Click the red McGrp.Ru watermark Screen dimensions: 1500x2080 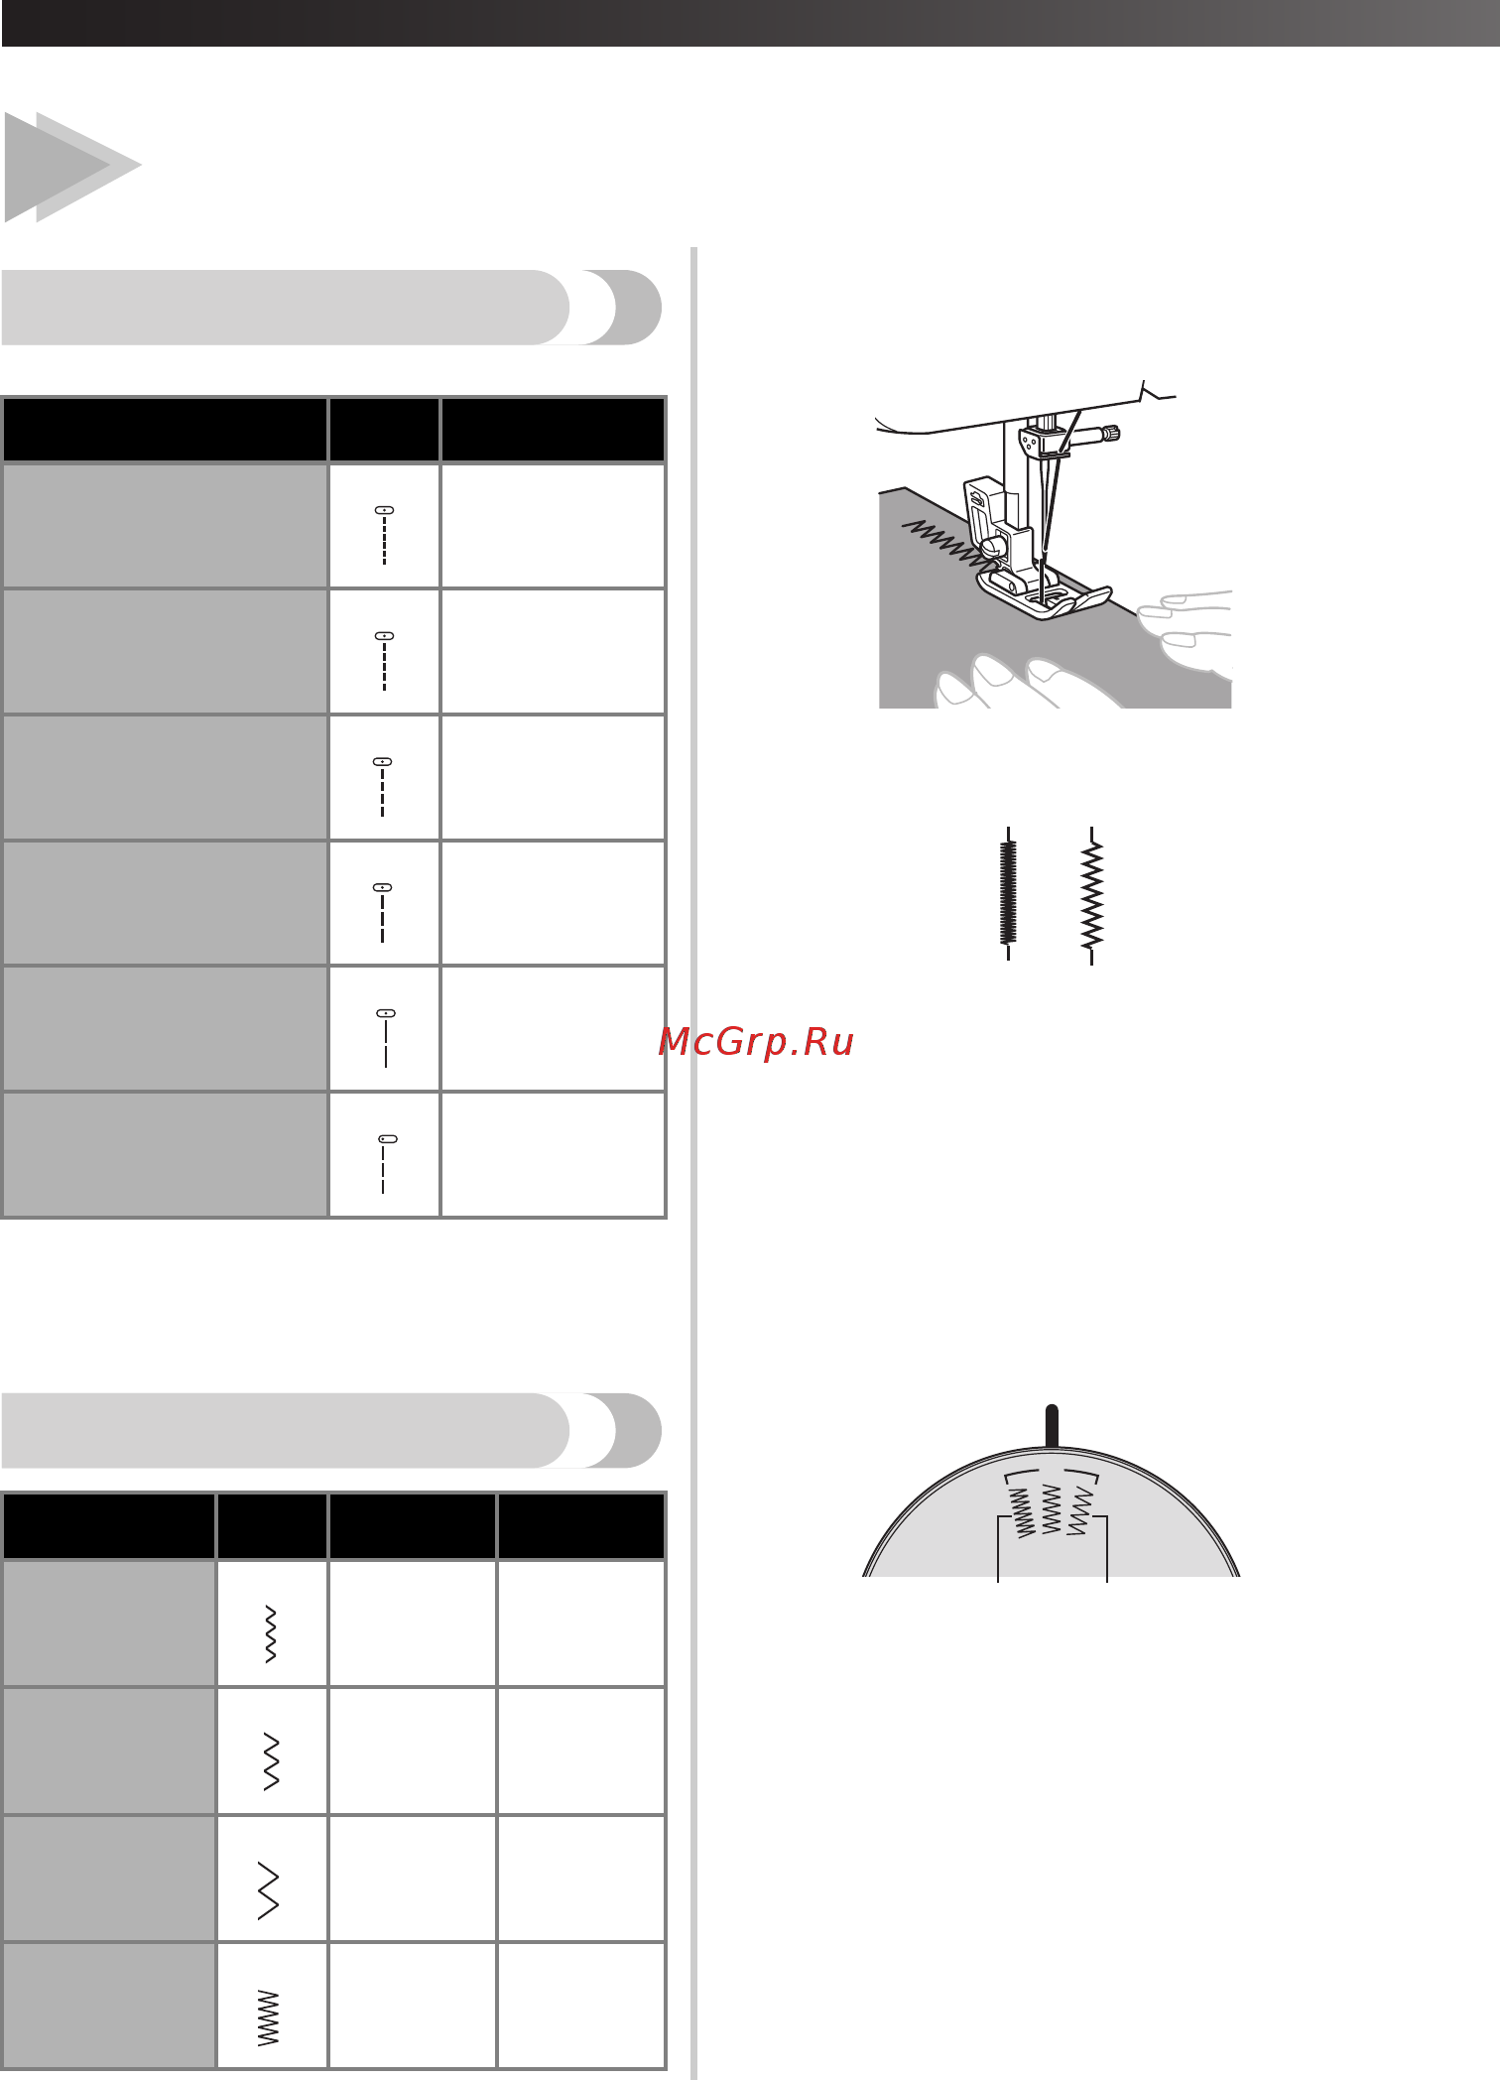(x=756, y=1042)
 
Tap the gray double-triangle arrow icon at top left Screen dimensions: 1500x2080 (x=71, y=167)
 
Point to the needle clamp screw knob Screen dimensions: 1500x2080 (x=1112, y=433)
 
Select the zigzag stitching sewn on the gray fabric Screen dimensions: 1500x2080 (x=947, y=542)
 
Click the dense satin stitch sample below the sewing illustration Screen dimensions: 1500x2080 (x=1008, y=893)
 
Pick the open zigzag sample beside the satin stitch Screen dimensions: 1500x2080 (x=1091, y=895)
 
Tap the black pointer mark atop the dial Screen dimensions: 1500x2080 (x=1052, y=1426)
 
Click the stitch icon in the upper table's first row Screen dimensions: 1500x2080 (x=384, y=536)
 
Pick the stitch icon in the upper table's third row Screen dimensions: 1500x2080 (x=383, y=787)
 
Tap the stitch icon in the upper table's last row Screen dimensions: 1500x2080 (x=386, y=1164)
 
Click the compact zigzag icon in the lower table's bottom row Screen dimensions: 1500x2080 (x=269, y=2017)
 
